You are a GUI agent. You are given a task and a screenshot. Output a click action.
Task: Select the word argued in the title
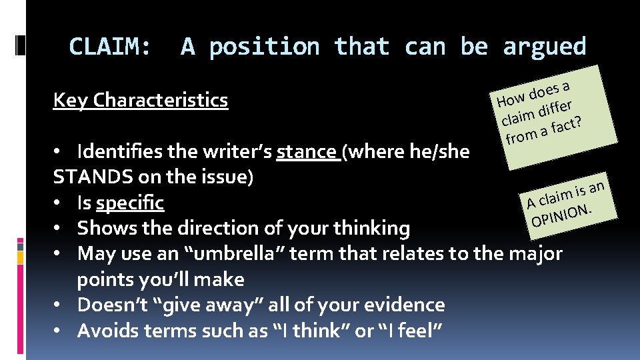click(544, 47)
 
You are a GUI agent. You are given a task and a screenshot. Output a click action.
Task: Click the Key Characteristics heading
click(141, 100)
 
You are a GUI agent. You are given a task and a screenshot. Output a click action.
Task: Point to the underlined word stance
click(306, 151)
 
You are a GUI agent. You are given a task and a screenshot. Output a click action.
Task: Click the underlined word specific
click(130, 203)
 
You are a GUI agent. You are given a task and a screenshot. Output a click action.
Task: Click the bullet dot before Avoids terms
click(59, 331)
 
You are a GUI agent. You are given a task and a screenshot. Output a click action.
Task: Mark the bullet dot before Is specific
click(59, 203)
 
